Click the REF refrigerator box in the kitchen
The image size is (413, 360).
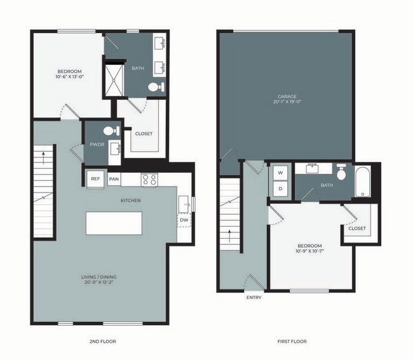95,179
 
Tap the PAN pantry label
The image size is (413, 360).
114,179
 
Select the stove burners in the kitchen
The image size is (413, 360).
149,180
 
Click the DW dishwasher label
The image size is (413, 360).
183,220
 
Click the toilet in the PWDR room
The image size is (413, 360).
109,131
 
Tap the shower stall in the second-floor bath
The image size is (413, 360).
115,78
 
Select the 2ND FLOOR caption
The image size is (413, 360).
103,342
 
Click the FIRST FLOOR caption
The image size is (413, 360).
292,342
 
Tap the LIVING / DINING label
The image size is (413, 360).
98,277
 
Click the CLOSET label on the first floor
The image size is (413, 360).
357,229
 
